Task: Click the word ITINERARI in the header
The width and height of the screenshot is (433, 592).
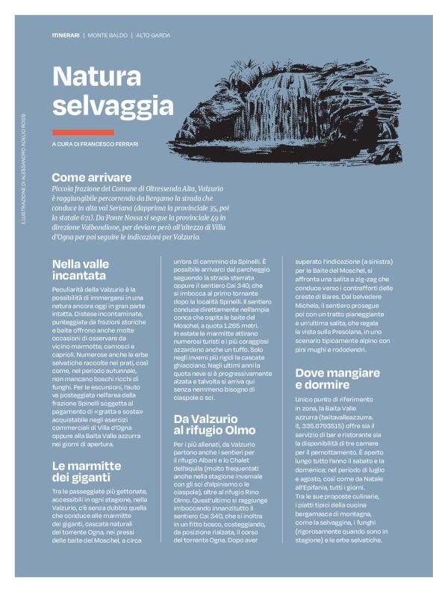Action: pyautogui.click(x=66, y=35)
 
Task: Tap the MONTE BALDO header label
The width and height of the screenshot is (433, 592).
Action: pyautogui.click(x=108, y=35)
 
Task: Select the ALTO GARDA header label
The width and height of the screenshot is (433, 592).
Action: pyautogui.click(x=153, y=35)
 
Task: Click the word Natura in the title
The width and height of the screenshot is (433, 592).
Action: pyautogui.click(x=97, y=76)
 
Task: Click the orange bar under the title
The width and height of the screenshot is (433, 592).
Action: pyautogui.click(x=83, y=132)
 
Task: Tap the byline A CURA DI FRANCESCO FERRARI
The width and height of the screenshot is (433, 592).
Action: pyautogui.click(x=95, y=144)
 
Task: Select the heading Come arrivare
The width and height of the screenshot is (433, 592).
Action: pyautogui.click(x=91, y=178)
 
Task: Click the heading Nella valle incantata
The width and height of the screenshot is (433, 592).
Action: pyautogui.click(x=80, y=270)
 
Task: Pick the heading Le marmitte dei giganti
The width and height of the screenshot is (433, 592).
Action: pyautogui.click(x=86, y=472)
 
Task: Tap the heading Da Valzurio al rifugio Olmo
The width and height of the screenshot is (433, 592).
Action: pyautogui.click(x=214, y=425)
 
